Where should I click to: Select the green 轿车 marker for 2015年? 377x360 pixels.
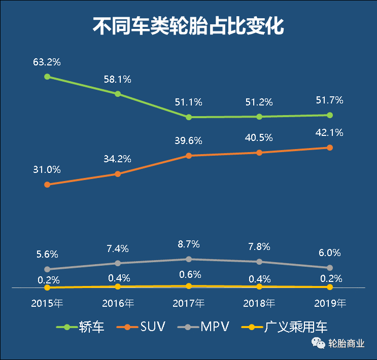pyautogui.click(x=47, y=77)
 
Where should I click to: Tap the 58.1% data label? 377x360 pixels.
pyautogui.click(x=118, y=79)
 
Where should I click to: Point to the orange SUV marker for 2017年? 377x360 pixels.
pyautogui.click(x=189, y=156)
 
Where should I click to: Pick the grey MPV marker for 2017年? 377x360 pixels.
pyautogui.click(x=189, y=259)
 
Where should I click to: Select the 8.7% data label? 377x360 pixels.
pyautogui.click(x=189, y=244)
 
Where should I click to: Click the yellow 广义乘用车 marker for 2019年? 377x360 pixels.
pyautogui.click(x=330, y=287)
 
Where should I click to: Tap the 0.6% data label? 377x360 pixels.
pyautogui.click(x=189, y=274)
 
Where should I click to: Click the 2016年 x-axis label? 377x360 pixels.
pyautogui.click(x=118, y=304)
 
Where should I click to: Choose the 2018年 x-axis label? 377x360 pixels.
pyautogui.click(x=259, y=304)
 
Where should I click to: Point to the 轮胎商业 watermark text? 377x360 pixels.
pyautogui.click(x=347, y=344)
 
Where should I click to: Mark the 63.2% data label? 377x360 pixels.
pyautogui.click(x=47, y=62)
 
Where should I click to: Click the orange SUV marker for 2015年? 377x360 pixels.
pyautogui.click(x=47, y=185)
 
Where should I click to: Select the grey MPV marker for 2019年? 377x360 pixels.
pyautogui.click(x=330, y=268)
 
